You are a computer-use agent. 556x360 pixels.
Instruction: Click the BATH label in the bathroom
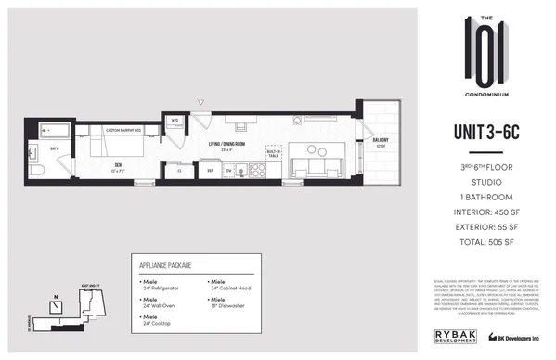click(x=55, y=148)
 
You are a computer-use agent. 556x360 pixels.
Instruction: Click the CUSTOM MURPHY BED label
click(x=123, y=131)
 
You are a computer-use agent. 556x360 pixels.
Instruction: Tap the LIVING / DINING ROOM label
click(x=226, y=144)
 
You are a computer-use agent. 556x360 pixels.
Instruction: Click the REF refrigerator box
click(x=211, y=170)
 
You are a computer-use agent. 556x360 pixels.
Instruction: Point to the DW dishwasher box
click(x=228, y=170)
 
